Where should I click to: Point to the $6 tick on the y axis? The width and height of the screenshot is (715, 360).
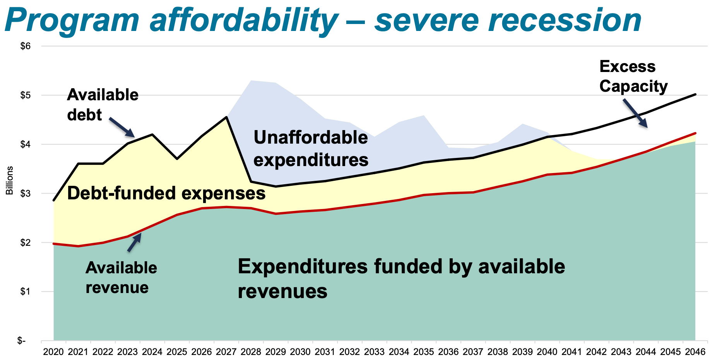click(25, 46)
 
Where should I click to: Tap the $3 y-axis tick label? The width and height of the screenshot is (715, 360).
click(25, 194)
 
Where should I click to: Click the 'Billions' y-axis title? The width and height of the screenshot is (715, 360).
click(10, 180)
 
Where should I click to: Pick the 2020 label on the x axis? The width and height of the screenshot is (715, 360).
click(53, 352)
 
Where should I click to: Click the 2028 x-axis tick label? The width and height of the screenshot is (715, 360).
click(251, 352)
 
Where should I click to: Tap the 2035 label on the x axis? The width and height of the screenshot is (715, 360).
click(424, 352)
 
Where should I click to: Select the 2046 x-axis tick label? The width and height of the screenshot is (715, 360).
click(695, 352)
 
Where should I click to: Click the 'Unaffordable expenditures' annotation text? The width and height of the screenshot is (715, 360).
click(311, 148)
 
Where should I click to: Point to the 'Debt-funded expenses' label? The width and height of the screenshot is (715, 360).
click(166, 193)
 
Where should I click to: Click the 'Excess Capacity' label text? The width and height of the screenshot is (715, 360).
click(633, 76)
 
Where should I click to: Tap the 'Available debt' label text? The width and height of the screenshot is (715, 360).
click(103, 105)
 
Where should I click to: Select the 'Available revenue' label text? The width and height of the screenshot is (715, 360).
click(121, 278)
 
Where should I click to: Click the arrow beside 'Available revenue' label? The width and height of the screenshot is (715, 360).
click(135, 242)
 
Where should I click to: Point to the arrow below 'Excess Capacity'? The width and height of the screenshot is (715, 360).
click(635, 113)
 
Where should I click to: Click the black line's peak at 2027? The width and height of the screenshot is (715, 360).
click(226, 117)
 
